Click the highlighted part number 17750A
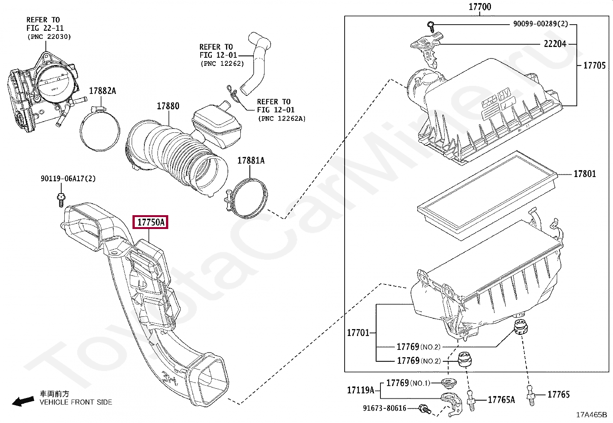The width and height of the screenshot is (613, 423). [151, 222]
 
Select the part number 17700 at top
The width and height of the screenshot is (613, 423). [479, 7]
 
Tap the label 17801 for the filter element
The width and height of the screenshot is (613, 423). [585, 174]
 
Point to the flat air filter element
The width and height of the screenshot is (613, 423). [487, 196]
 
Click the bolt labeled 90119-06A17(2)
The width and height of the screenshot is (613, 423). [61, 200]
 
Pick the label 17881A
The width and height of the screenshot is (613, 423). [251, 161]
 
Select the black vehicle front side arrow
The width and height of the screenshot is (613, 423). [23, 401]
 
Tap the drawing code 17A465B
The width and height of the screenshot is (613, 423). [591, 415]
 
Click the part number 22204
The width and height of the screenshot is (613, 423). [555, 44]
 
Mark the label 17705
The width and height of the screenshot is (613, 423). [594, 65]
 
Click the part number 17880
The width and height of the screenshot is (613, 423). [168, 106]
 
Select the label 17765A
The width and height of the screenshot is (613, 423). [501, 400]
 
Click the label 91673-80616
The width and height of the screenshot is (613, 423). [384, 408]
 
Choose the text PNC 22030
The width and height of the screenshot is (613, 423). [49, 37]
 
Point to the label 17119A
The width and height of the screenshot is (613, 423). [360, 390]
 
